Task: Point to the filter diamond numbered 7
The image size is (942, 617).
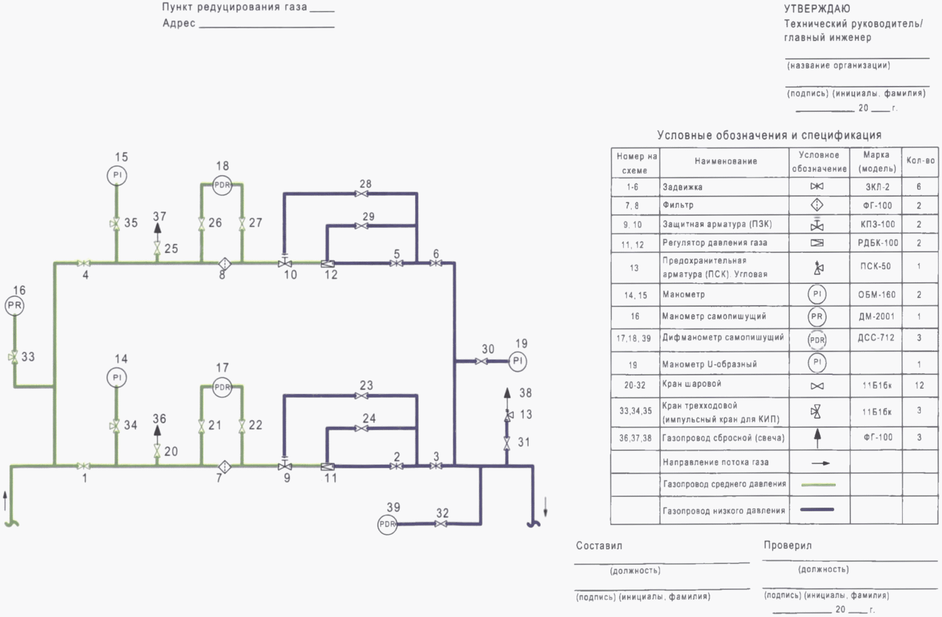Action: (x=224, y=467)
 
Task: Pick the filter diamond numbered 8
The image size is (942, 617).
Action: (x=224, y=263)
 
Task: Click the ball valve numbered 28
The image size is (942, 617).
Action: (x=361, y=194)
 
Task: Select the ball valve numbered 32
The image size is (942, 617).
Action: (x=441, y=524)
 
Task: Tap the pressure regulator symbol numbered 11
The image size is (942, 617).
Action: (x=327, y=467)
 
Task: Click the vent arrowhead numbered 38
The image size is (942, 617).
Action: (x=507, y=393)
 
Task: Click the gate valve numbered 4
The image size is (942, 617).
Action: (x=84, y=263)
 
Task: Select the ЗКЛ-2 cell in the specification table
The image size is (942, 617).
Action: (x=877, y=187)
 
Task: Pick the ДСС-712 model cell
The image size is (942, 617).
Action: (x=876, y=337)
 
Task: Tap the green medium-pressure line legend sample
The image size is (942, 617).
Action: (x=818, y=485)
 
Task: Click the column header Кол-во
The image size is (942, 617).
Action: (x=921, y=161)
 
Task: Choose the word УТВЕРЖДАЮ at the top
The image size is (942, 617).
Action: (x=817, y=9)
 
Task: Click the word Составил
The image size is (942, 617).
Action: (x=599, y=546)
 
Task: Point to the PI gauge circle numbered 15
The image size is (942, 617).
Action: (x=117, y=175)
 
